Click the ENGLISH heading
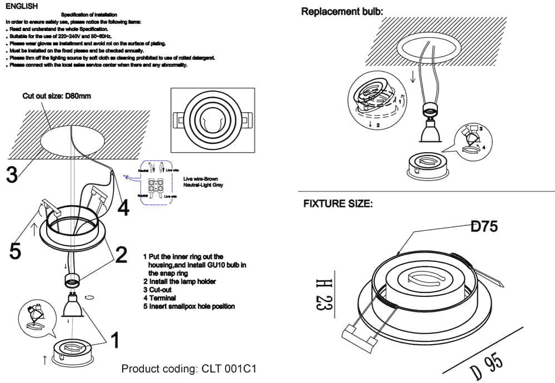22,6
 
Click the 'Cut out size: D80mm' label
57,96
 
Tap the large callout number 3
12,175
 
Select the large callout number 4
123,208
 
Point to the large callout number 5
16,250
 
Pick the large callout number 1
114,340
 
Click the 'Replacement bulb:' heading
342,11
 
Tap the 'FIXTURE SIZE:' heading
338,204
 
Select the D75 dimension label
484,226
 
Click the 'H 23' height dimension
322,294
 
